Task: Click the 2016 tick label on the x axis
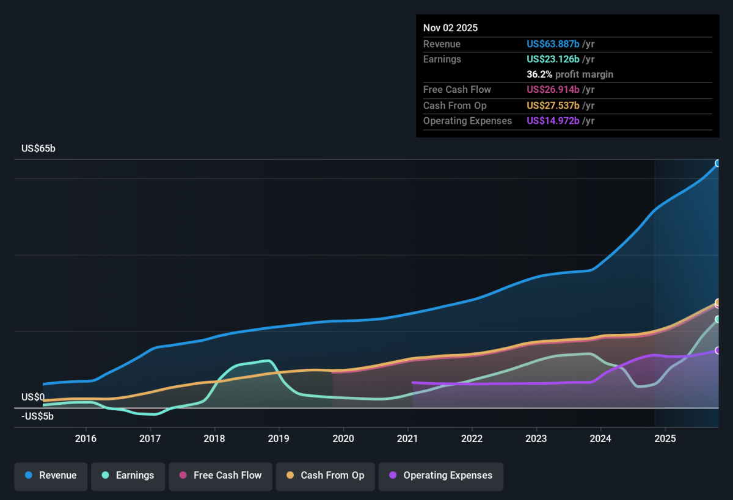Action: pos(86,438)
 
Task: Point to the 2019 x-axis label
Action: pos(279,438)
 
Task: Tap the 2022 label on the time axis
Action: pos(472,438)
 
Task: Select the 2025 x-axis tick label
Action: pos(665,438)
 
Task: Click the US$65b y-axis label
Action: pos(38,148)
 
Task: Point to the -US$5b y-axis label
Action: pos(37,416)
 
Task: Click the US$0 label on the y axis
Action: pos(33,397)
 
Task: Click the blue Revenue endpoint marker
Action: pos(717,163)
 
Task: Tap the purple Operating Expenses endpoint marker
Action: pos(717,350)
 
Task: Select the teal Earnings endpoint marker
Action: pos(717,319)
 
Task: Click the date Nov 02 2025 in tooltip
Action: pos(450,28)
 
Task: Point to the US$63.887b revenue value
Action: pos(553,44)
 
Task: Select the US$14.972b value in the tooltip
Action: pos(553,121)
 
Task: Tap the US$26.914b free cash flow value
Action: pos(553,90)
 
